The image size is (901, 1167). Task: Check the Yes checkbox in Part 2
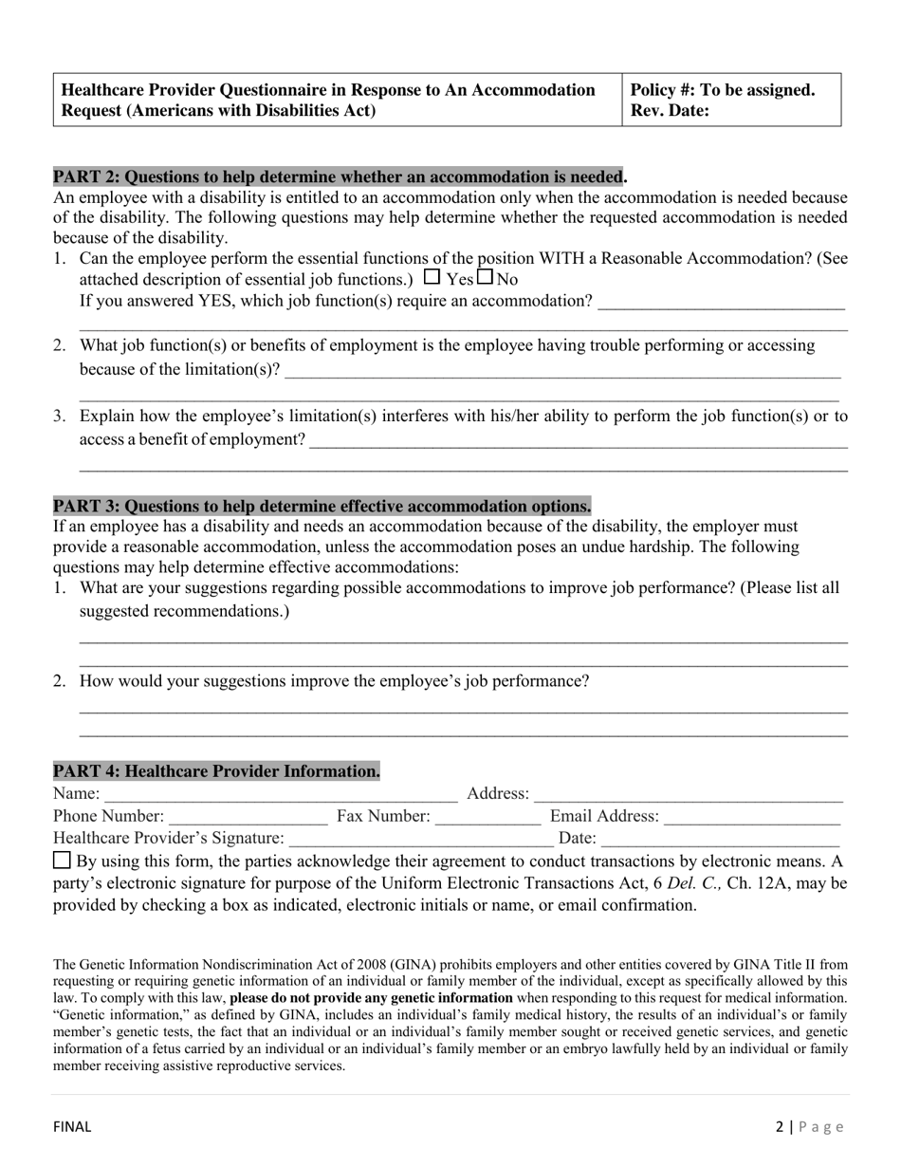click(x=432, y=278)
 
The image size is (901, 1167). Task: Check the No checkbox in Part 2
click(x=486, y=278)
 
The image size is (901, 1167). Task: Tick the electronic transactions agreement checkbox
click(x=62, y=861)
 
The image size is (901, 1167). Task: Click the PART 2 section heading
click(x=340, y=176)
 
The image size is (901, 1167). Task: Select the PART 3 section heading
click(x=322, y=506)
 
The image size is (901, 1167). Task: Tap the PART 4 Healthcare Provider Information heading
click(x=216, y=771)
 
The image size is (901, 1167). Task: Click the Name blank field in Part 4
click(x=280, y=794)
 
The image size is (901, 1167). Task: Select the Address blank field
click(x=689, y=794)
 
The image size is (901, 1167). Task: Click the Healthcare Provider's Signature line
click(x=421, y=839)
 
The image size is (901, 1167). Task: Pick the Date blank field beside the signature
click(x=721, y=839)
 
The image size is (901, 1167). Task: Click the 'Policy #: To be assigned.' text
click(x=723, y=90)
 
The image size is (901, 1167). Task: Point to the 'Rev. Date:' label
click(x=670, y=110)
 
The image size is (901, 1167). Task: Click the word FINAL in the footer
click(x=72, y=1127)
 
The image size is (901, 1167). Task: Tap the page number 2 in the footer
click(x=780, y=1127)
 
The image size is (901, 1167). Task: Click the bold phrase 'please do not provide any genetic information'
click(x=371, y=998)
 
